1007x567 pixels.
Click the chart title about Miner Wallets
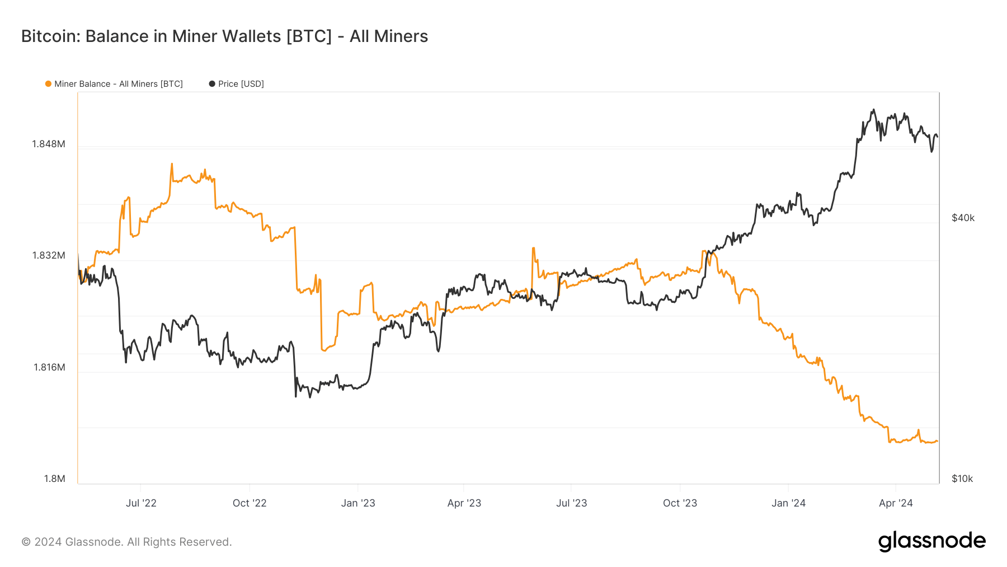click(224, 36)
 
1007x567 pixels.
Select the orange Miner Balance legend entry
click(114, 84)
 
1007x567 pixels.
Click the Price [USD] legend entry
click(237, 84)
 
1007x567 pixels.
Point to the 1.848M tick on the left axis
click(49, 144)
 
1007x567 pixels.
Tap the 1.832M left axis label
click(49, 255)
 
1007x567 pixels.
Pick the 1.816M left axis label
click(49, 367)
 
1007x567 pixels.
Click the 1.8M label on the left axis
click(55, 479)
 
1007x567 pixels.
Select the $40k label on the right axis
click(963, 218)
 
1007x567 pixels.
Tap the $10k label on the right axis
click(962, 479)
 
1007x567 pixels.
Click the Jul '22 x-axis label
click(141, 503)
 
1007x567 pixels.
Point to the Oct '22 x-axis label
click(250, 503)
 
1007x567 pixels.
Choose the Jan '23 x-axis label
click(358, 503)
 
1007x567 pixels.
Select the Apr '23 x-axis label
click(464, 503)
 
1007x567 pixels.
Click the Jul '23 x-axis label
click(571, 503)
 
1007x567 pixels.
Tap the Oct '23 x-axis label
click(680, 503)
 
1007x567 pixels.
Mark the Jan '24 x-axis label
click(788, 503)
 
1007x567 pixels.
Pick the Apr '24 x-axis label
click(896, 503)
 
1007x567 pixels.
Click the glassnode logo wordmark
click(931, 541)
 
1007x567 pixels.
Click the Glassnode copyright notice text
click(126, 542)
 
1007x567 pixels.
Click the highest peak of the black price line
click(873, 110)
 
